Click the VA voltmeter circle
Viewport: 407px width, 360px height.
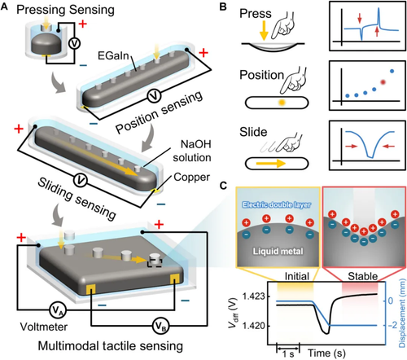pyautogui.click(x=58, y=310)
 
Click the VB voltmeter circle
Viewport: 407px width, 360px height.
pyautogui.click(x=160, y=326)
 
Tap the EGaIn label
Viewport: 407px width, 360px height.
pyautogui.click(x=113, y=56)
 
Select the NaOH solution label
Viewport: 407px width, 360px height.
pyautogui.click(x=192, y=151)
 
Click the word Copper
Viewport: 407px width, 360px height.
pyautogui.click(x=191, y=178)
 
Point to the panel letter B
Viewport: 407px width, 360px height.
pyautogui.click(x=223, y=7)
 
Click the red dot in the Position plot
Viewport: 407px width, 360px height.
pyautogui.click(x=383, y=82)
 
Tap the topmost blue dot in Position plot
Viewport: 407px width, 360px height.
pyautogui.click(x=392, y=71)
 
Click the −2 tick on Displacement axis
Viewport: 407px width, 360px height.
pyautogui.click(x=392, y=325)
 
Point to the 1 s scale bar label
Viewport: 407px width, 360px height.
pyautogui.click(x=288, y=354)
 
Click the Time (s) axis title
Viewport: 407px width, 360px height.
pyautogui.click(x=326, y=353)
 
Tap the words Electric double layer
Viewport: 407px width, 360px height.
pyautogui.click(x=277, y=204)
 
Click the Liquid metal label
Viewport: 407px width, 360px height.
pyautogui.click(x=278, y=251)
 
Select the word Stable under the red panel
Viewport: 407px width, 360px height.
pyautogui.click(x=363, y=276)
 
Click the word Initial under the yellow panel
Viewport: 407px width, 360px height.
pyautogui.click(x=297, y=276)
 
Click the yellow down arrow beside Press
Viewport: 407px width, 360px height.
pyautogui.click(x=264, y=31)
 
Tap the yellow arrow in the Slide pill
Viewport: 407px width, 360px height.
pyautogui.click(x=271, y=164)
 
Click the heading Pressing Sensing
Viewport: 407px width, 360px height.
pyautogui.click(x=65, y=10)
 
